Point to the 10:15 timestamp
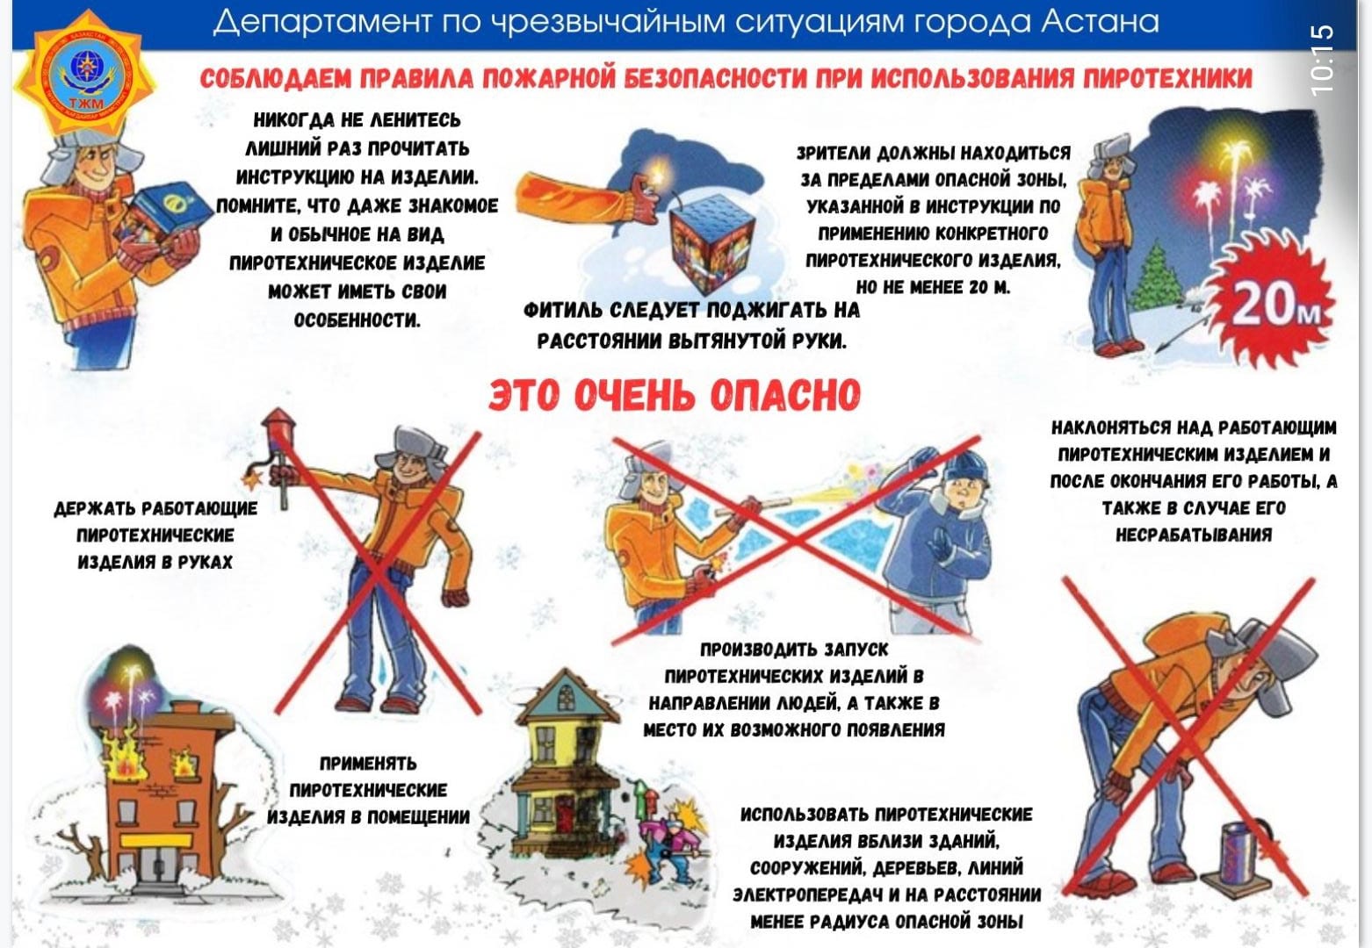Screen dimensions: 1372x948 coord(1322,60)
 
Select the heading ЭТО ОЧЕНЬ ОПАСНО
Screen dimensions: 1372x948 coord(675,395)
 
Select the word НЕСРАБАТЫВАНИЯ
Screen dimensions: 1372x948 coord(1193,535)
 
